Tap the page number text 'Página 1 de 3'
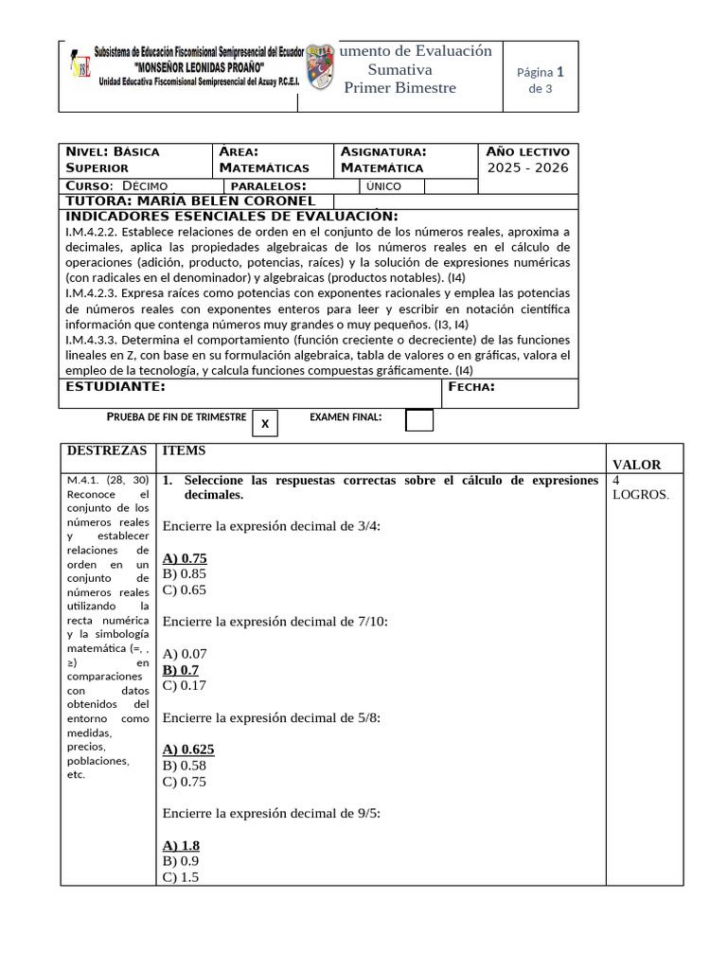[x=540, y=80]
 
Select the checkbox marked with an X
[x=265, y=424]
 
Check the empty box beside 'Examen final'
[x=418, y=420]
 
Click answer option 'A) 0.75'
[x=185, y=558]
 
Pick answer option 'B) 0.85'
[x=185, y=573]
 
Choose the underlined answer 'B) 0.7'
[x=181, y=670]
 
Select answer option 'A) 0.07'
[x=185, y=654]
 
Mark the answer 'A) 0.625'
[x=188, y=749]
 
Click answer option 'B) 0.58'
[x=185, y=766]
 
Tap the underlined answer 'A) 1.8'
[x=181, y=845]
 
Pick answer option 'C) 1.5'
[x=181, y=877]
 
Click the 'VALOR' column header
[x=636, y=465]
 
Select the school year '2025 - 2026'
[x=528, y=167]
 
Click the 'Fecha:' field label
[x=470, y=386]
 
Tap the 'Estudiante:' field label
[x=115, y=386]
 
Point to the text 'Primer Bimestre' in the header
[x=399, y=88]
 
